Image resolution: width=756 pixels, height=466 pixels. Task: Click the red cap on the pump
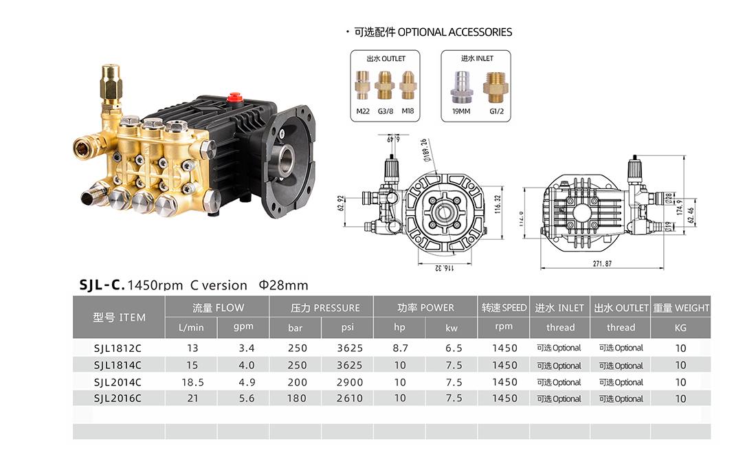point(235,98)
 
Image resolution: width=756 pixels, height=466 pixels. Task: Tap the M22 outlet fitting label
point(363,111)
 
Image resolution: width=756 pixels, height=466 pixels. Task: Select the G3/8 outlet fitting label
point(386,111)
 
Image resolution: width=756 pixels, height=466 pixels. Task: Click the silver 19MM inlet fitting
point(461,87)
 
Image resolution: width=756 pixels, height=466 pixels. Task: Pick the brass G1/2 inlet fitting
point(496,87)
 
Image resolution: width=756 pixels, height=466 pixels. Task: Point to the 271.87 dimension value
point(602,263)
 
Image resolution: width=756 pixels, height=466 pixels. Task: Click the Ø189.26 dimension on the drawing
point(425,150)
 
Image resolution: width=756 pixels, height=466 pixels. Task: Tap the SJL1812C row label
point(118,348)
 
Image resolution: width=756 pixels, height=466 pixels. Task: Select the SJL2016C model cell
point(118,399)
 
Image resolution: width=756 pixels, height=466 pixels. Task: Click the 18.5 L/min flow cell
point(192,383)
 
